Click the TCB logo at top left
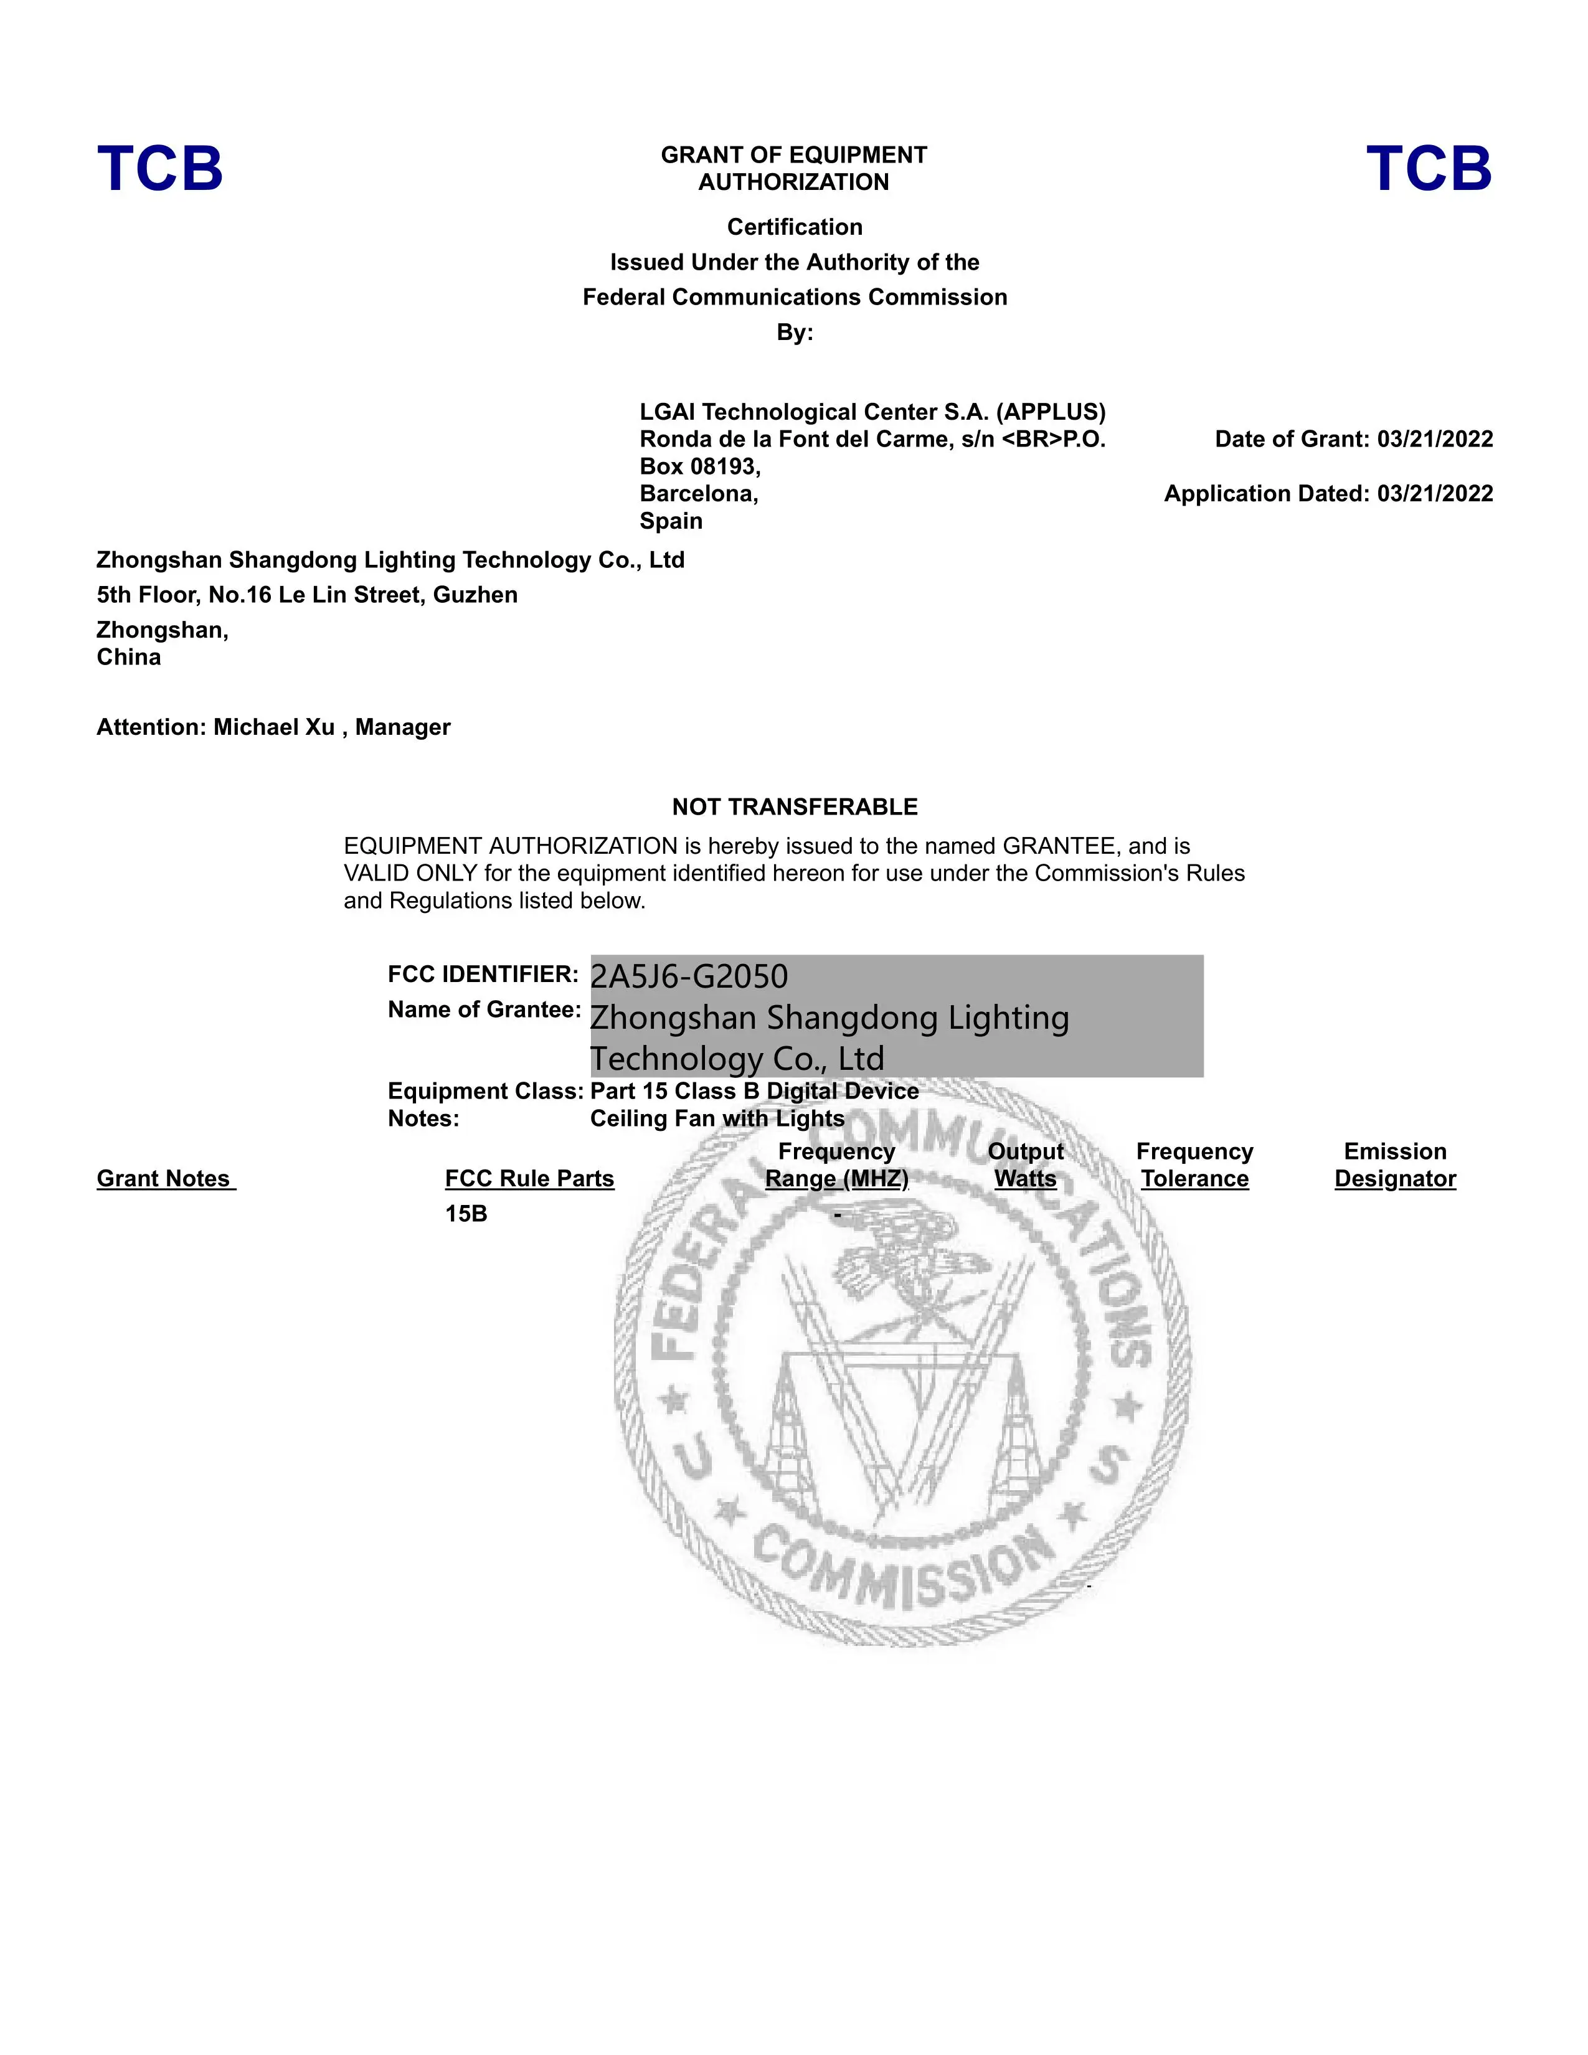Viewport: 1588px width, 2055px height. coord(160,169)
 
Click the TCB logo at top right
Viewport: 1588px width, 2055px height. coord(1428,169)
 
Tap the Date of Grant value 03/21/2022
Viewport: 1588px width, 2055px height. coord(1435,440)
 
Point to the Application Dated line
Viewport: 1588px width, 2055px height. coord(1328,494)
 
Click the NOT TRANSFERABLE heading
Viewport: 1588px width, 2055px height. coord(794,806)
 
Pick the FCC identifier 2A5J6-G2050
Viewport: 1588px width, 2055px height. coord(689,976)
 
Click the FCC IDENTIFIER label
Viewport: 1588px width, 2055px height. coord(483,974)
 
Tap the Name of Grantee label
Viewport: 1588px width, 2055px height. coord(483,1009)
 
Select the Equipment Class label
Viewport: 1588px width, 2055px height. coord(486,1092)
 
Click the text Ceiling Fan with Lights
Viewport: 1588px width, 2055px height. coord(717,1119)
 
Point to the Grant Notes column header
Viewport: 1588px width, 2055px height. coord(166,1179)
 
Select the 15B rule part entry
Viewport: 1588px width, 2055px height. coord(466,1214)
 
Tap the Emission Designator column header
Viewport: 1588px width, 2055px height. coord(1394,1165)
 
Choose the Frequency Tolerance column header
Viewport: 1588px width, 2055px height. coord(1194,1165)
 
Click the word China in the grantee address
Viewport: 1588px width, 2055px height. coord(129,658)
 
